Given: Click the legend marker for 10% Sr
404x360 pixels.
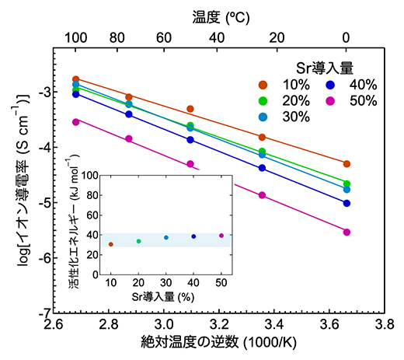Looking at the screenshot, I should click(264, 84).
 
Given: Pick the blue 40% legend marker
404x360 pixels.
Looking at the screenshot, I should click(331, 84).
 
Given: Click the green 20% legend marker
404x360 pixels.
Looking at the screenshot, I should click(264, 100).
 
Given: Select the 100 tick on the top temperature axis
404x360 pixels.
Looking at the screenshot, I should click(75, 35).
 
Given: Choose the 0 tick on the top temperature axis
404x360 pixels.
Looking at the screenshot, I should click(347, 35).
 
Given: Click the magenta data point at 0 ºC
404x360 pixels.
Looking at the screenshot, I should click(347, 232).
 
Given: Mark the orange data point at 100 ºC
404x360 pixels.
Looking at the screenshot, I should click(75, 79).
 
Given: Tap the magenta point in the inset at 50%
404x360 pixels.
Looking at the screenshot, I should click(221, 235).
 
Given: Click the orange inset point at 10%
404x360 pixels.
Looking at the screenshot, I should click(110, 244).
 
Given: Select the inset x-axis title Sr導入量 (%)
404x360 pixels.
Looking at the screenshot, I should click(166, 296).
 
